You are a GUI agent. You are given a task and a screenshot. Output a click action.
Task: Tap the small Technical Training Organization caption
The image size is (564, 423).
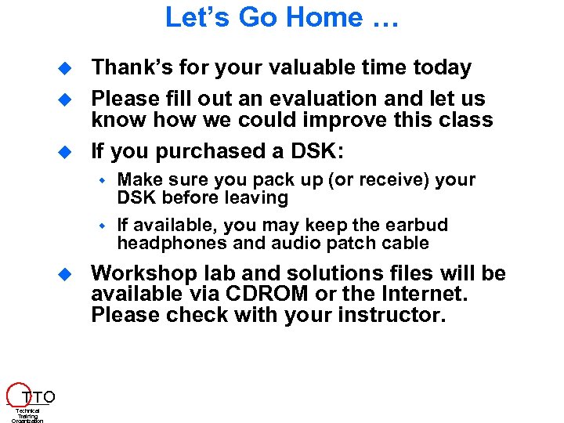coord(27,415)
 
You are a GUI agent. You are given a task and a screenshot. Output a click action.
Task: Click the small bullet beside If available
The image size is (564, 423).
coord(101,226)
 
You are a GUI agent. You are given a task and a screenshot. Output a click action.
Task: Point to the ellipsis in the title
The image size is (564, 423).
coord(381,19)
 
